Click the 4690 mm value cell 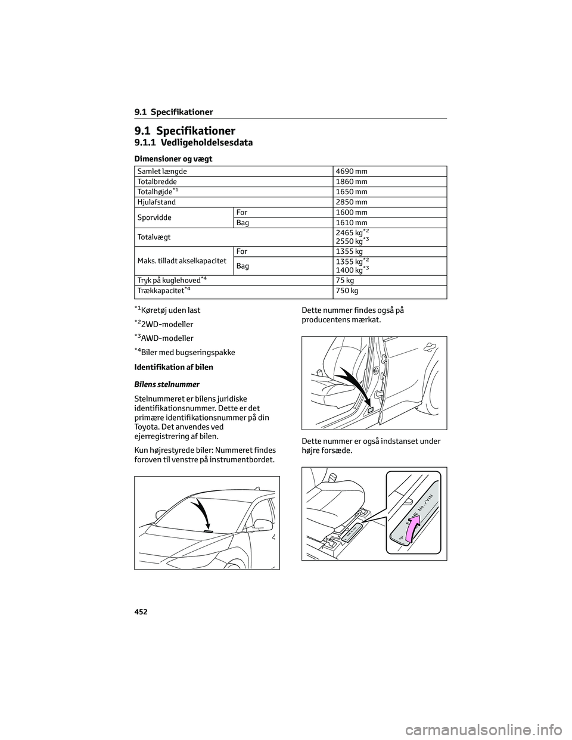click(352, 172)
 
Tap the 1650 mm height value click(352, 192)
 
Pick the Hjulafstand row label click(157, 202)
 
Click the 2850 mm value click(352, 202)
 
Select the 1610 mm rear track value click(352, 223)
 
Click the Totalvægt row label click(154, 237)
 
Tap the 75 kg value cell click(345, 280)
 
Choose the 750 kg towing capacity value click(347, 291)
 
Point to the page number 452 click(141, 612)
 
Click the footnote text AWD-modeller click(167, 338)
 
